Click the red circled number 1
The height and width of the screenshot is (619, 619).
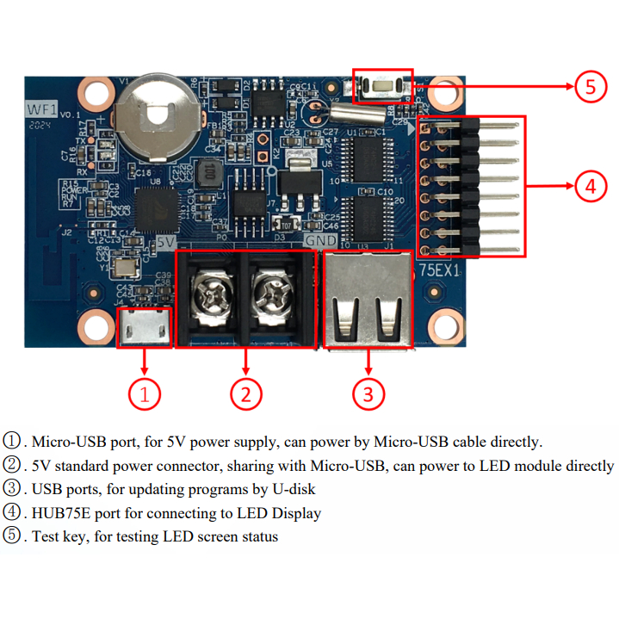(x=145, y=394)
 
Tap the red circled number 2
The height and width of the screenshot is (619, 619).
(x=245, y=394)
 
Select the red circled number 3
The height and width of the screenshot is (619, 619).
(x=368, y=394)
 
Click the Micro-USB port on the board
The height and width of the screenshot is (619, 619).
(x=144, y=326)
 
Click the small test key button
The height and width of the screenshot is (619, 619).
(x=383, y=87)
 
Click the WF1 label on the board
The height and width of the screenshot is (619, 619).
(x=40, y=110)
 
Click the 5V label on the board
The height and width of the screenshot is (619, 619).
(x=166, y=244)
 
